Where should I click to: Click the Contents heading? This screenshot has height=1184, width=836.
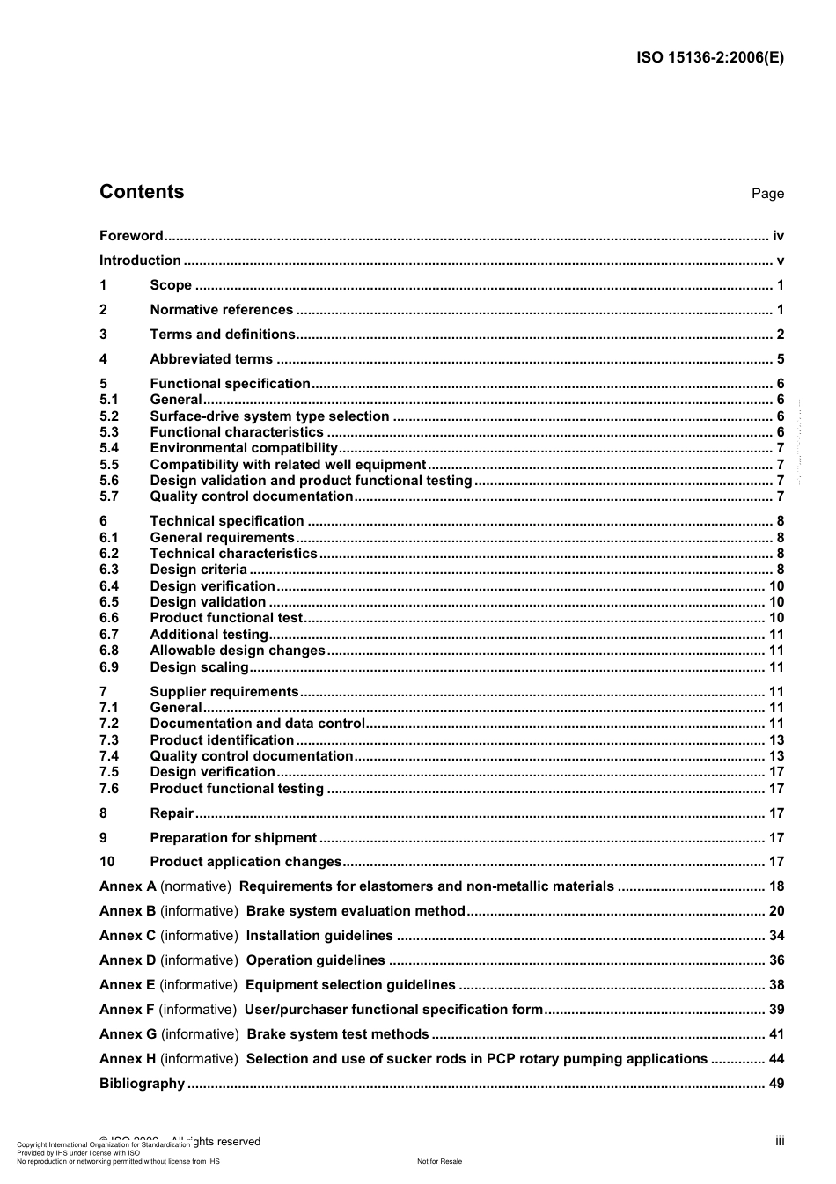click(x=142, y=192)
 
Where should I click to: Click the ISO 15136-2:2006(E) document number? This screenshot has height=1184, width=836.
click(x=709, y=58)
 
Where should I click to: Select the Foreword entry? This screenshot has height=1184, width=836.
click(x=131, y=236)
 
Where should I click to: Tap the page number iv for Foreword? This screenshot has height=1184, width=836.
click(x=777, y=236)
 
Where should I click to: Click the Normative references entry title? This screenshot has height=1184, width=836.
click(x=221, y=310)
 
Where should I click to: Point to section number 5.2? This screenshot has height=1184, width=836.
click(x=109, y=416)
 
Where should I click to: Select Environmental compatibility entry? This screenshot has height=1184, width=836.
click(x=244, y=448)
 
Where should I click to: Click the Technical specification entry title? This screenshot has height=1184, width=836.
click(x=227, y=521)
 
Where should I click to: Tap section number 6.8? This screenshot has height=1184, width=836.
click(x=109, y=651)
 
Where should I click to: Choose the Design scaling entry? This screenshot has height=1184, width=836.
click(x=199, y=667)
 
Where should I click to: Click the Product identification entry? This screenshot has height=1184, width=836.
click(x=222, y=740)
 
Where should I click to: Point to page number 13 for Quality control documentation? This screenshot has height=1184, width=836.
click(x=775, y=756)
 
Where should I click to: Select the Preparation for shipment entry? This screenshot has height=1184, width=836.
click(x=233, y=838)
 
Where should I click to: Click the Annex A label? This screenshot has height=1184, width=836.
click(x=128, y=886)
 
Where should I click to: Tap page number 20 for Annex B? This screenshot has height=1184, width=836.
click(x=775, y=911)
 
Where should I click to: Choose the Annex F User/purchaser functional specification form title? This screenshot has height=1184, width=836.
click(x=393, y=1010)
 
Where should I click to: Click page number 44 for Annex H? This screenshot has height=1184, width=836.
click(x=775, y=1059)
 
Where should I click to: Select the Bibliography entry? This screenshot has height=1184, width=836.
click(x=142, y=1084)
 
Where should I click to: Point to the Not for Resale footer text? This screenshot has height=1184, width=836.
click(x=439, y=1161)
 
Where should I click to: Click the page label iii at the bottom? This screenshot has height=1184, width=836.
click(x=779, y=1141)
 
